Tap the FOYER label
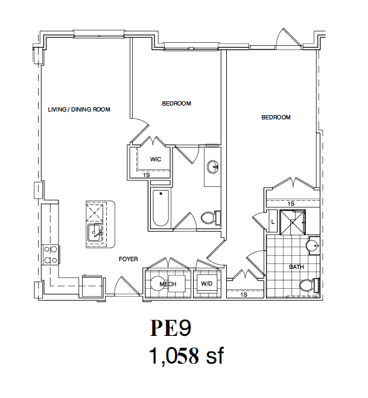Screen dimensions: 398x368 click(x=128, y=259)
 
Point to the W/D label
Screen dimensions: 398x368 click(x=206, y=284)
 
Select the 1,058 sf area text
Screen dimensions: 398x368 click(x=186, y=356)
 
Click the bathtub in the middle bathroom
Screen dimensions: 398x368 click(x=160, y=209)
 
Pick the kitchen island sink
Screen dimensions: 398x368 click(x=95, y=233)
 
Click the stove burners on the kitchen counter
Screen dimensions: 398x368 click(x=51, y=255)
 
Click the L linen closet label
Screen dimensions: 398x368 click(x=273, y=221)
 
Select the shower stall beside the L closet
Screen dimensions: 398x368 click(x=293, y=222)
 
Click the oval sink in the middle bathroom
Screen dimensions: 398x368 click(x=212, y=167)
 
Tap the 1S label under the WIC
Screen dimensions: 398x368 click(x=147, y=175)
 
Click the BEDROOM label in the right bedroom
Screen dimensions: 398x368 click(x=276, y=118)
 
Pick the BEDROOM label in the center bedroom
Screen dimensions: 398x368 click(x=176, y=104)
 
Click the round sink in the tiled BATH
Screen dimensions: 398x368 click(x=312, y=245)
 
